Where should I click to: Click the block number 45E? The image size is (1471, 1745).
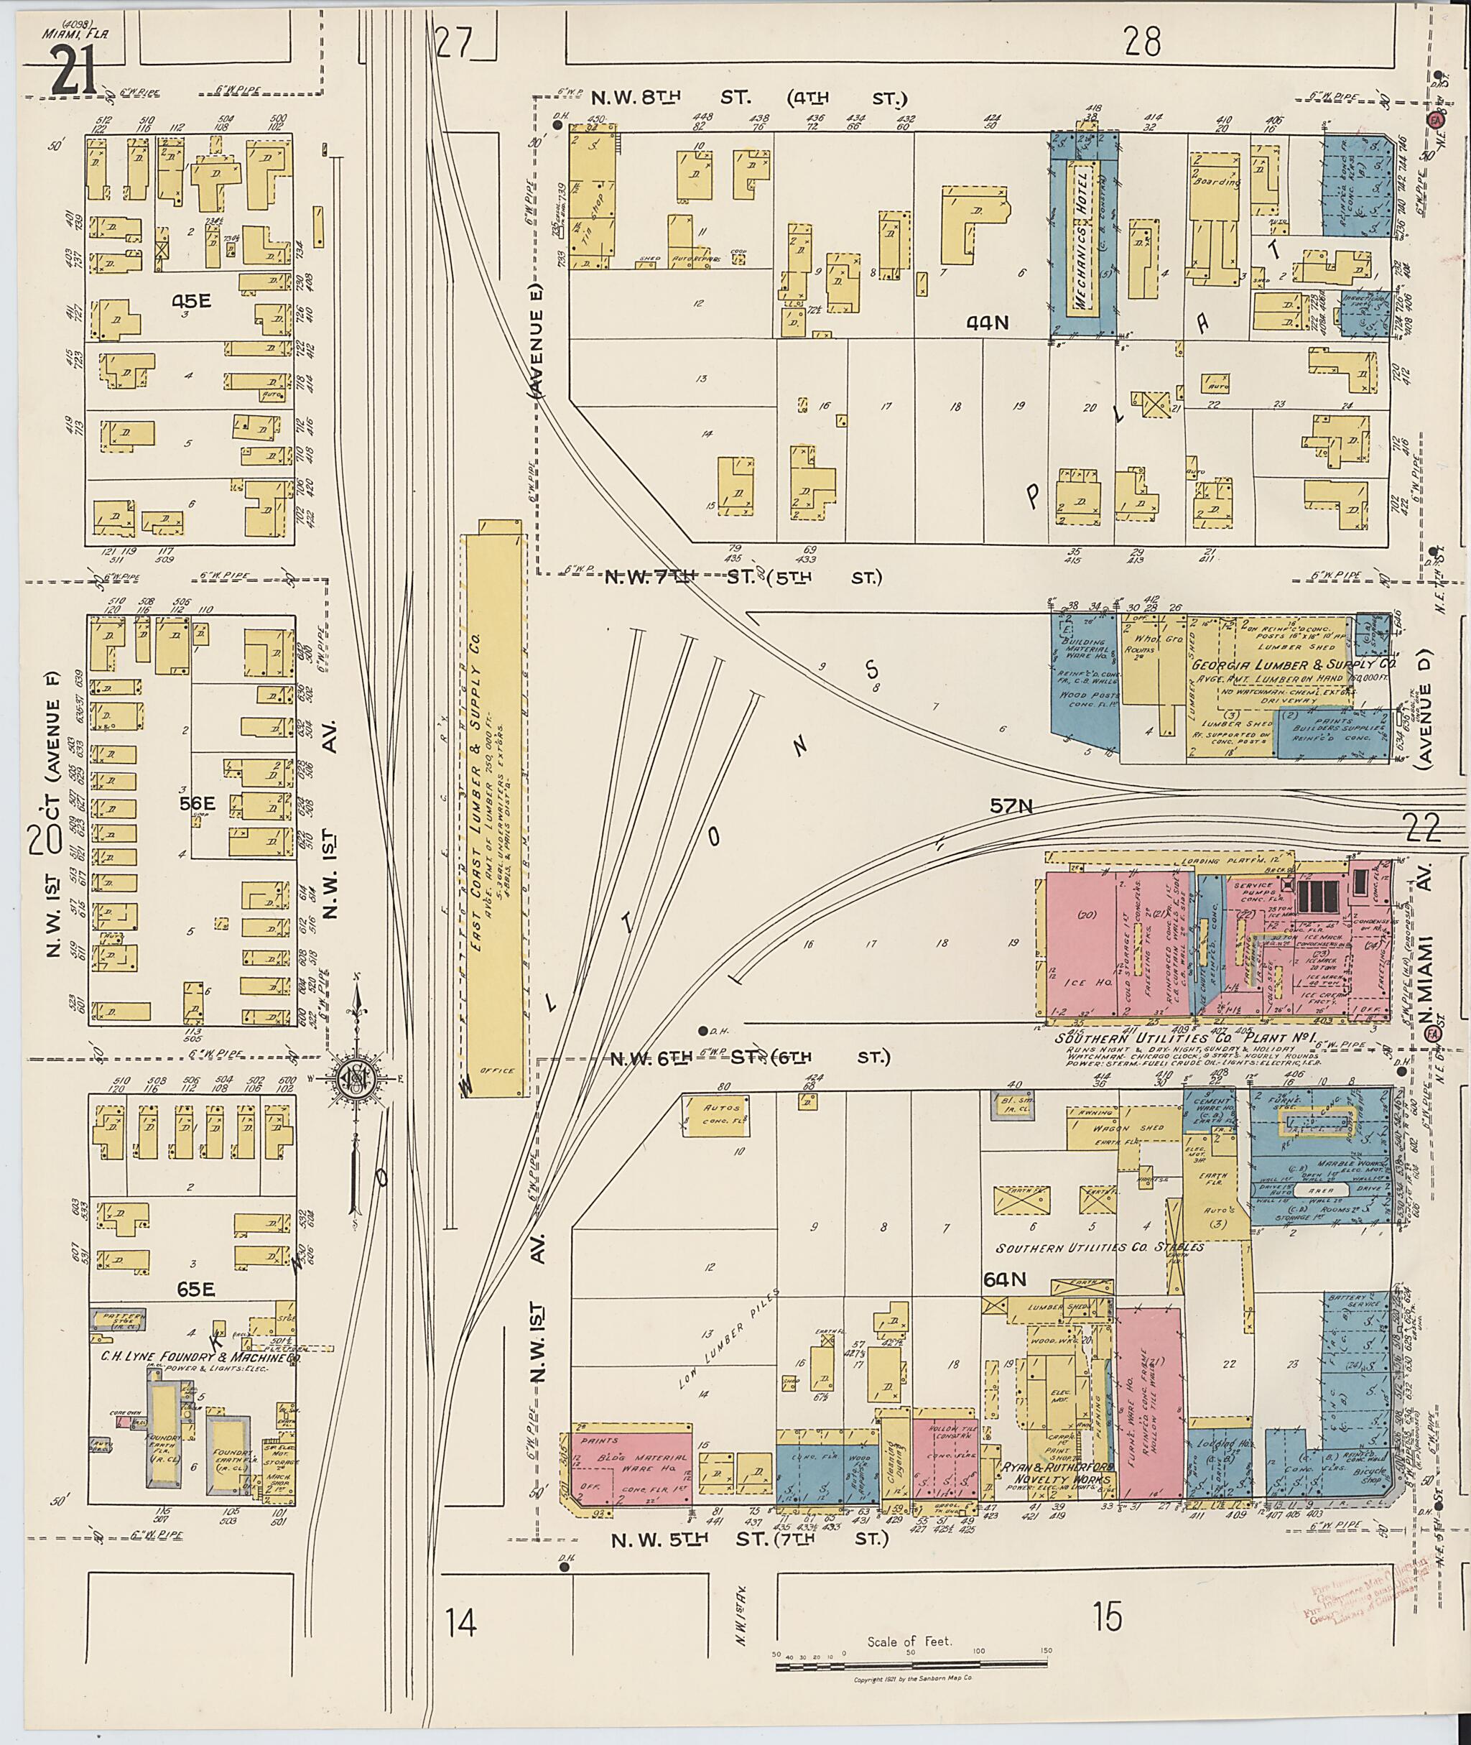click(x=192, y=302)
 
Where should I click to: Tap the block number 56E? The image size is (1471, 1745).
click(x=198, y=802)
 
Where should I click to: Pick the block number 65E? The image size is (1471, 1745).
click(x=196, y=1289)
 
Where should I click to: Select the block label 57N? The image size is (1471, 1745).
click(x=1011, y=807)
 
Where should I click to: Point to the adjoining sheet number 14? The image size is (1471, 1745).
click(x=461, y=1623)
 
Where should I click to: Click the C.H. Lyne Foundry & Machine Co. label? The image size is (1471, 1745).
click(x=200, y=1357)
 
